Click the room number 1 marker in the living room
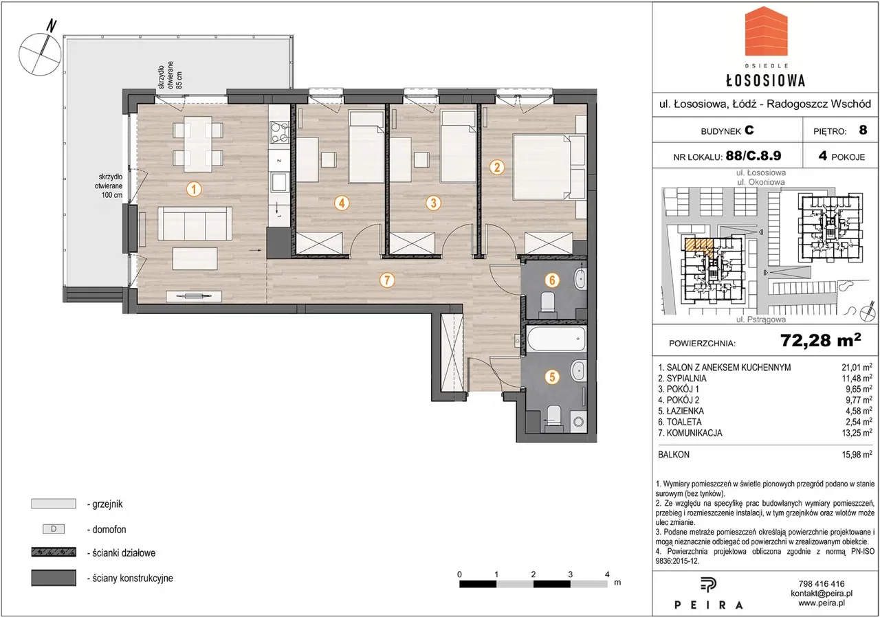point(194,190)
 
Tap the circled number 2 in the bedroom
point(497,167)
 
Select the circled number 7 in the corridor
point(387,280)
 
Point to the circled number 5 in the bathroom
point(552,377)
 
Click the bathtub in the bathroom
point(555,339)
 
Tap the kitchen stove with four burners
point(279,132)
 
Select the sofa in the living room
point(195,224)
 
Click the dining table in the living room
point(198,144)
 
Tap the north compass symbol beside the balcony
point(40,51)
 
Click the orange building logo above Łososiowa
point(766,36)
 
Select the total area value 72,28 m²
point(820,341)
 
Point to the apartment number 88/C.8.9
point(753,156)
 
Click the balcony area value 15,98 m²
point(857,455)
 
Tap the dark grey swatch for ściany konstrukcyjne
point(54,578)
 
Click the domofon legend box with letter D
point(54,529)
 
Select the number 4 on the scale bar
point(607,574)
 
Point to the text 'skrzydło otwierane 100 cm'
point(109,186)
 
